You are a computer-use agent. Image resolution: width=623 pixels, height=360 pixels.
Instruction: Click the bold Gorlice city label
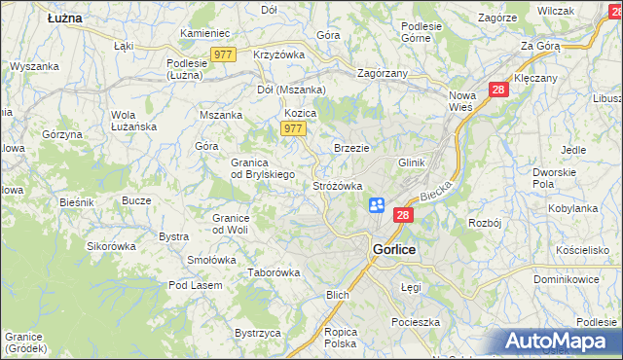click(394, 249)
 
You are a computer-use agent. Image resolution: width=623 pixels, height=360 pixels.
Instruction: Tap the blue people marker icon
click(378, 205)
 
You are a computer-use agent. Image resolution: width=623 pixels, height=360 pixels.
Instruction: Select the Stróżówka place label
click(338, 185)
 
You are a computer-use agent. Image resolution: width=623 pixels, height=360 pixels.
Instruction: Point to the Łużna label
click(64, 18)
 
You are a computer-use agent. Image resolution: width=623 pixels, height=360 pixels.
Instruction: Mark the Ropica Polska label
click(341, 338)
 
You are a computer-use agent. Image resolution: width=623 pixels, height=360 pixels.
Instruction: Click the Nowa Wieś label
click(465, 101)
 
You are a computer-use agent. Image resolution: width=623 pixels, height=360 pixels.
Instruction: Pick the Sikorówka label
click(111, 246)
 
